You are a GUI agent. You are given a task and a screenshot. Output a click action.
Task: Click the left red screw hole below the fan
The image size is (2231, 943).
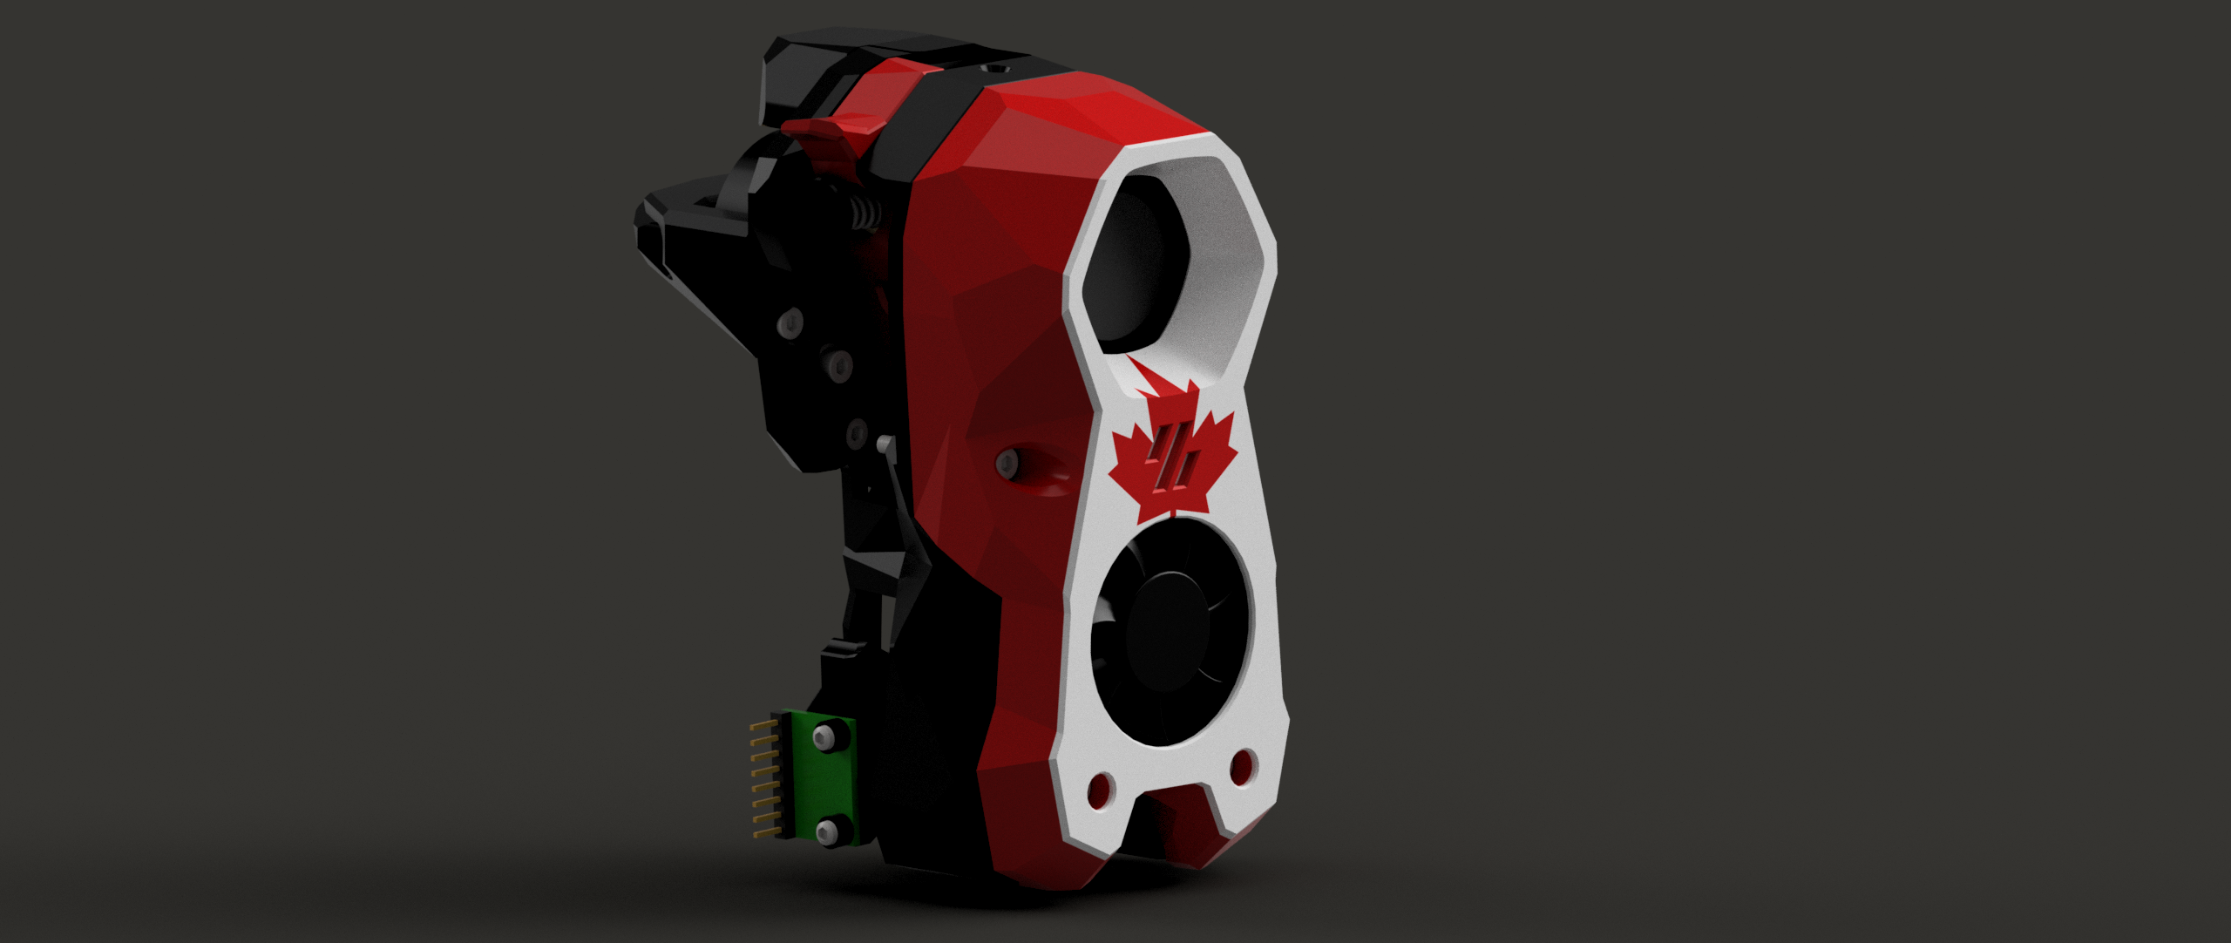[x=1100, y=789]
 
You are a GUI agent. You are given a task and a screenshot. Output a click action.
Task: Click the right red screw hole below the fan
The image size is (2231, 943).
[x=1242, y=767]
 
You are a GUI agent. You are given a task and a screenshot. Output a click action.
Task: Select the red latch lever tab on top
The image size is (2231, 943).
[x=819, y=131]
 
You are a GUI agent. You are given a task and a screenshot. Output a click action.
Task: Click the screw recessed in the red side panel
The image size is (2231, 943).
[x=1007, y=461]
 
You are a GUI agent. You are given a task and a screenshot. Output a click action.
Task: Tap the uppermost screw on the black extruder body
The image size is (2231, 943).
[x=791, y=322]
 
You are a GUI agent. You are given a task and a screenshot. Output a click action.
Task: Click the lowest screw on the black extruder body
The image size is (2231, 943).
[x=858, y=431]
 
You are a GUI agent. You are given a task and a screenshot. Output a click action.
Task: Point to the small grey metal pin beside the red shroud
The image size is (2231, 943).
[x=885, y=444]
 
